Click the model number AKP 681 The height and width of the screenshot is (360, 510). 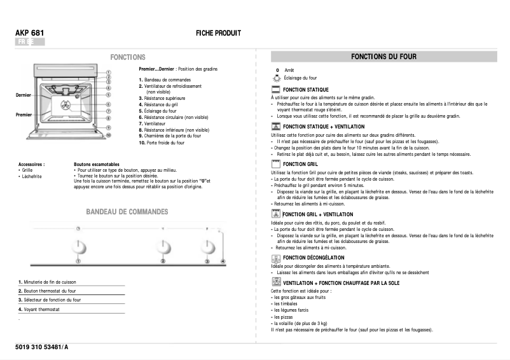29,32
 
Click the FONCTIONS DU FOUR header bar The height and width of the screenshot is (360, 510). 383,57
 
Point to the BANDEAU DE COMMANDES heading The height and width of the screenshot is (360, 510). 127,211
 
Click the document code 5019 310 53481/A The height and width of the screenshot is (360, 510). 41,346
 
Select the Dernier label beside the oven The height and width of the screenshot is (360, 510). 23,95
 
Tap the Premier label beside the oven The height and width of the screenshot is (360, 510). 24,114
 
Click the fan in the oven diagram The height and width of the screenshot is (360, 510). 65,104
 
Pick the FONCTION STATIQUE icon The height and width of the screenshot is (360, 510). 275,90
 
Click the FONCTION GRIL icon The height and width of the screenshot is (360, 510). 275,164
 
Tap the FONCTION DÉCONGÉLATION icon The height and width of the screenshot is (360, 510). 275,258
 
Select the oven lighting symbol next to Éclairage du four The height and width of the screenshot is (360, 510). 276,78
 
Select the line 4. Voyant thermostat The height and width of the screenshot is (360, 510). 39,309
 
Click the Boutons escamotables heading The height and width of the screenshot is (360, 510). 96,164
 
